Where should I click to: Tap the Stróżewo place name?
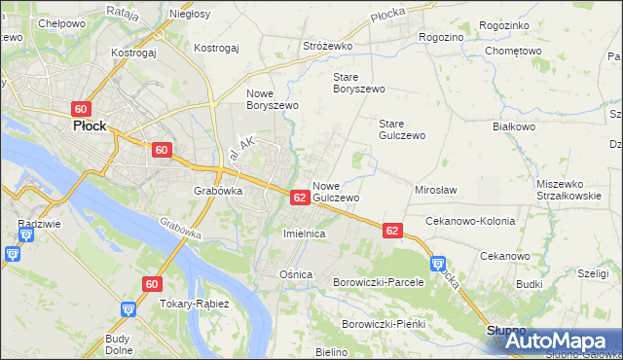point(329,45)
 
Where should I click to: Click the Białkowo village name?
point(515,126)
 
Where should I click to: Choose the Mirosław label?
point(436,191)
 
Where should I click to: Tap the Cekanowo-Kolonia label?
point(470,221)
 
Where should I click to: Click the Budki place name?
point(530,284)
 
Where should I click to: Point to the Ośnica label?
point(296,274)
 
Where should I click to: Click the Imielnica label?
point(303,234)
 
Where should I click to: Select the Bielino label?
point(331,350)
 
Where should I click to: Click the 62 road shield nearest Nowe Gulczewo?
point(300,198)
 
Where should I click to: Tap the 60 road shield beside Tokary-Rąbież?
point(151,283)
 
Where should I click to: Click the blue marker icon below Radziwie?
point(12,254)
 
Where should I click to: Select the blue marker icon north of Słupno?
point(437,264)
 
